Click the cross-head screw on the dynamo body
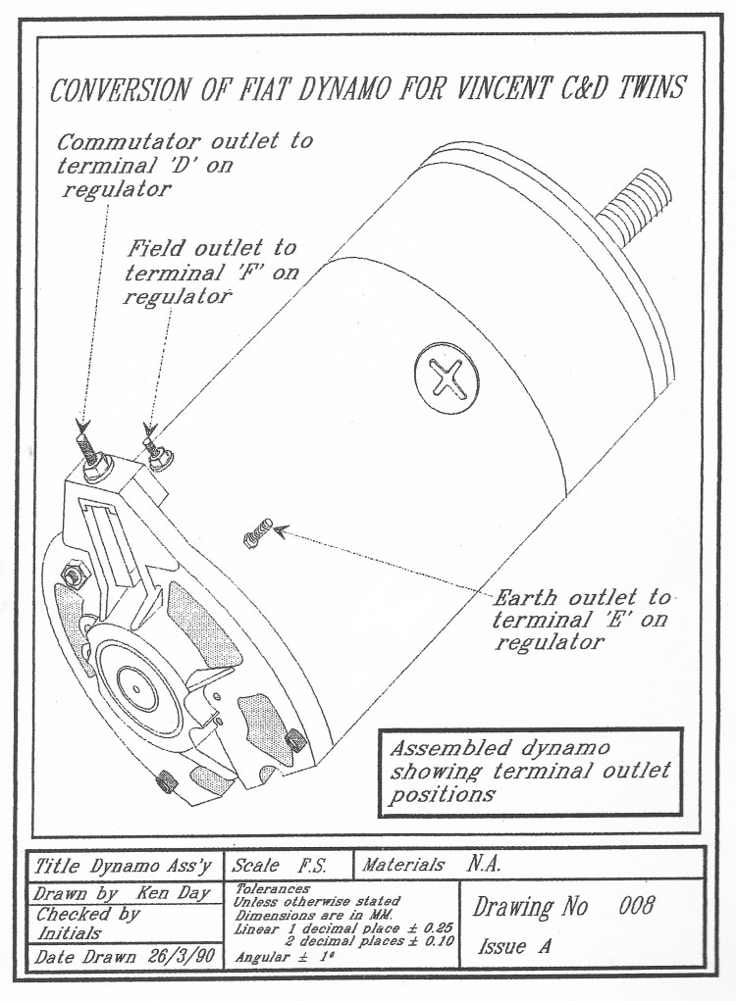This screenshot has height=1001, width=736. point(447,376)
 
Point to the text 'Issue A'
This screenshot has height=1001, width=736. point(515,947)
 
